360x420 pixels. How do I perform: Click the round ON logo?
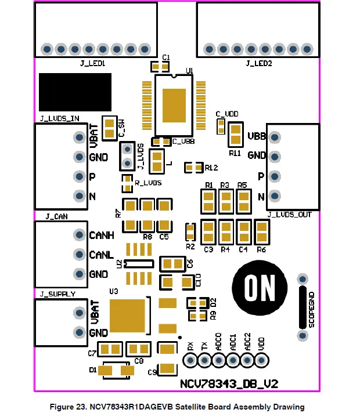click(260, 286)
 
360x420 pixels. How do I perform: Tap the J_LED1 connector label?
click(95, 62)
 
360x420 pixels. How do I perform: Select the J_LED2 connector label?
click(258, 62)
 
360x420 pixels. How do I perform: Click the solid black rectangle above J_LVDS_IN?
click(75, 92)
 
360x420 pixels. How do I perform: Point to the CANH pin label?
click(102, 236)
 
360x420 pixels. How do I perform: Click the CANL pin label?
click(101, 255)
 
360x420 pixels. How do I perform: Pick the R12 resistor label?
click(211, 168)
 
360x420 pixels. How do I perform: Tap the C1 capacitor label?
click(166, 57)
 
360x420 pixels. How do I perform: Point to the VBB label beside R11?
click(257, 136)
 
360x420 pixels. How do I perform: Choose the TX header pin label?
click(204, 346)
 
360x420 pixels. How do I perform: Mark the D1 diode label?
click(93, 370)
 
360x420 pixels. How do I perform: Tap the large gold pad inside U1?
click(174, 104)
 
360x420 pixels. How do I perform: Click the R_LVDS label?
click(147, 183)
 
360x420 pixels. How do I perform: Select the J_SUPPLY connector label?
click(57, 294)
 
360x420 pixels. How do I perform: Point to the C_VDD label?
click(226, 114)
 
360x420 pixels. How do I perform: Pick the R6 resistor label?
click(261, 249)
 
